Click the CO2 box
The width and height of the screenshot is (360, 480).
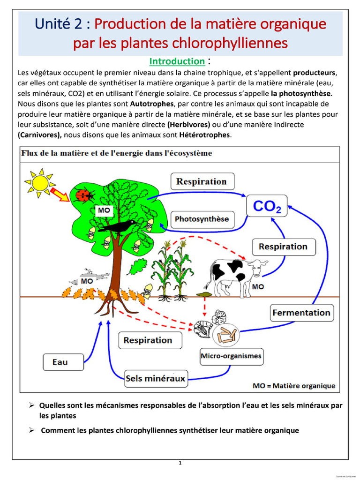pyautogui.click(x=267, y=207)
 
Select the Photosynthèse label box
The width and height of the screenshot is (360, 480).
pyautogui.click(x=202, y=219)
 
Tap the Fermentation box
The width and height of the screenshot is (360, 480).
pyautogui.click(x=301, y=313)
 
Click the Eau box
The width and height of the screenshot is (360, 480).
pyautogui.click(x=60, y=362)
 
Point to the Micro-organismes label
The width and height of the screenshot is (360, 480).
pyautogui.click(x=231, y=356)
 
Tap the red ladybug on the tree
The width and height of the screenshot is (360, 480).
pyautogui.click(x=84, y=195)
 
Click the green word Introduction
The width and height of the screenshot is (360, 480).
pyautogui.click(x=177, y=61)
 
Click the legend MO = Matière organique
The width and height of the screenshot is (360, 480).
pyautogui.click(x=294, y=386)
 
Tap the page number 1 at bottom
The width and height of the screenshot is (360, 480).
pyautogui.click(x=180, y=463)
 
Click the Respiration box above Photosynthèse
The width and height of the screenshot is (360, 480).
pyautogui.click(x=201, y=181)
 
